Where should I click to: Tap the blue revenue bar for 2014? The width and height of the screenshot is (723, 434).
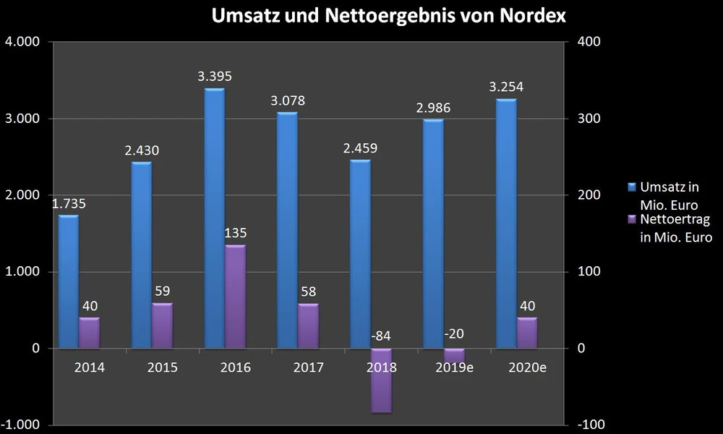[x=68, y=282]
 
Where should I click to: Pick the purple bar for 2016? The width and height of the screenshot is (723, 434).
[x=235, y=297]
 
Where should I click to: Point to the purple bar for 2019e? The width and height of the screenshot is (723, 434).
[x=454, y=354]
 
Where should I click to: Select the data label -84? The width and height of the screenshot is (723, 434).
[x=380, y=336]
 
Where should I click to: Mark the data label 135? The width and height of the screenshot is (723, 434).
[x=236, y=233]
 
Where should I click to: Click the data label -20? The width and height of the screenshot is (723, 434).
[x=455, y=336]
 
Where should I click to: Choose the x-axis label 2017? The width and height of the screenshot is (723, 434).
[x=309, y=367]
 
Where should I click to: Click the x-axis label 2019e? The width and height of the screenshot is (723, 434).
[x=455, y=367]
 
